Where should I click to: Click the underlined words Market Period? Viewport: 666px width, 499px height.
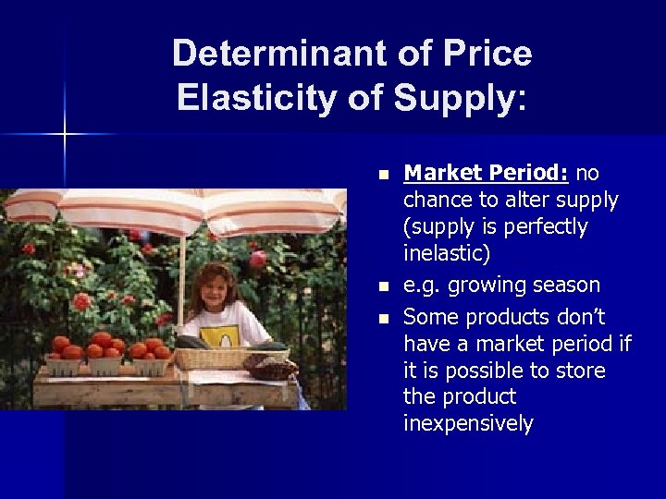(487, 173)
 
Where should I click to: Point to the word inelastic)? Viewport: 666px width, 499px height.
(446, 252)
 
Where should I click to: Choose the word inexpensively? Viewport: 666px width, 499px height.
(468, 423)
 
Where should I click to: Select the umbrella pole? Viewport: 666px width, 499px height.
(182, 277)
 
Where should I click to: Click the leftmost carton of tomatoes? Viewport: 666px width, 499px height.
(64, 359)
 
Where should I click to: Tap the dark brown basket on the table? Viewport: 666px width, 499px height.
(271, 367)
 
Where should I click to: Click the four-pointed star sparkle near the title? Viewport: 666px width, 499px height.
(65, 135)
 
